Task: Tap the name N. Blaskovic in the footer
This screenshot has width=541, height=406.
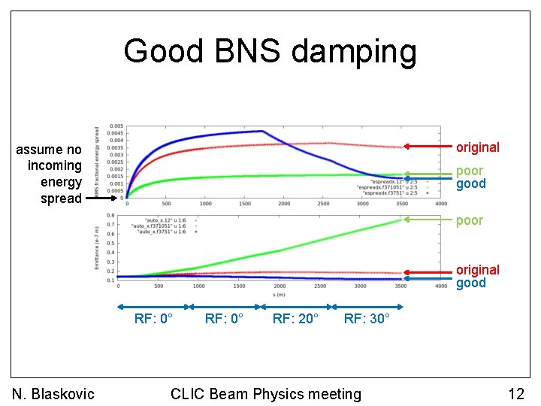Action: [53, 393]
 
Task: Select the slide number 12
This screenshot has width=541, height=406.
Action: [515, 393]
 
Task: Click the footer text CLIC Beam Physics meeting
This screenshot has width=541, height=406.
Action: [266, 393]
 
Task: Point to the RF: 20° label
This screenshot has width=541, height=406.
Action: [295, 319]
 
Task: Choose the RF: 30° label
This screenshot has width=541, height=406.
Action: [367, 319]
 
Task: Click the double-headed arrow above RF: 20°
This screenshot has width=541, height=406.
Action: [295, 306]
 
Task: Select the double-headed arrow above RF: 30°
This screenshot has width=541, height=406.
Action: [367, 306]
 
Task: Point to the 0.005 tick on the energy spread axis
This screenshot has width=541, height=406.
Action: [116, 126]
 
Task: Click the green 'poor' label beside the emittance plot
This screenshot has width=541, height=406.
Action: [470, 220]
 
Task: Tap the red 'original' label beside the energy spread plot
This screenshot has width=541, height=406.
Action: [478, 147]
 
